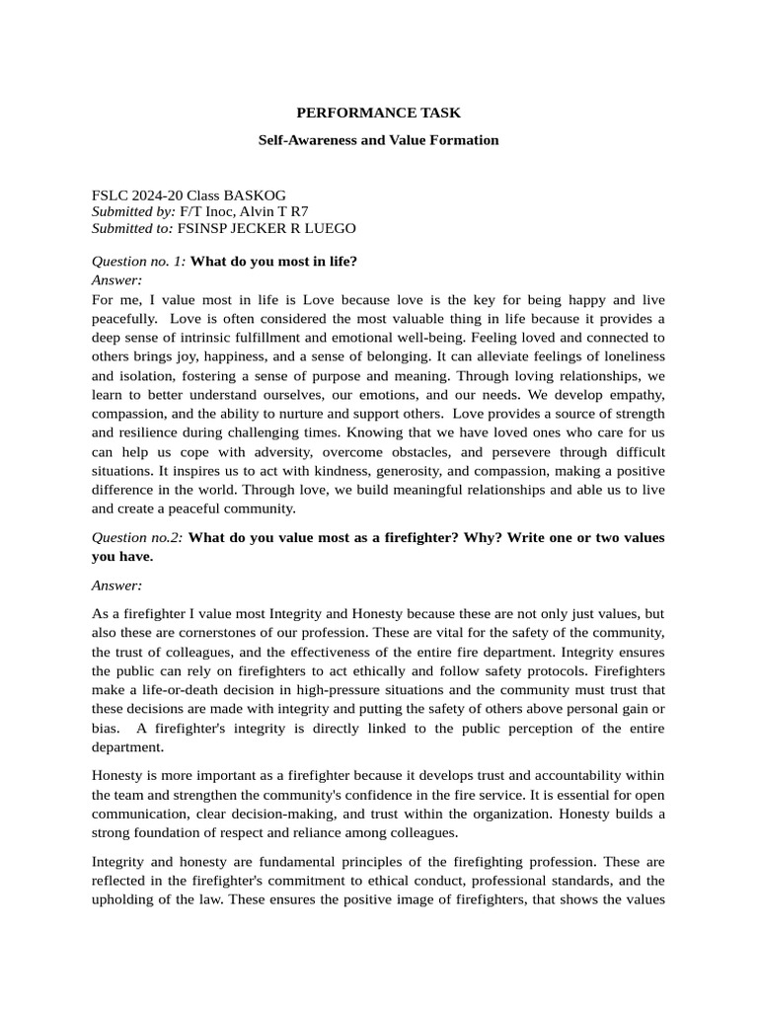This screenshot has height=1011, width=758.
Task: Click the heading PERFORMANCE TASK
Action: pos(378,114)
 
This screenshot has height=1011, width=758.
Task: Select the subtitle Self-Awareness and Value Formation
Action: pos(378,140)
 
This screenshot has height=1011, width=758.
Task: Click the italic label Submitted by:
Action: pos(133,211)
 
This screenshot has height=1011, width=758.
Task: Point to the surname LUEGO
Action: pos(329,228)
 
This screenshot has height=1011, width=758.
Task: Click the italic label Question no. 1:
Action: pos(138,262)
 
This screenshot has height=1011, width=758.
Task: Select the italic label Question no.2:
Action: pos(137,537)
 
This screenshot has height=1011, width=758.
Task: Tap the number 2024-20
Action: pos(159,195)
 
